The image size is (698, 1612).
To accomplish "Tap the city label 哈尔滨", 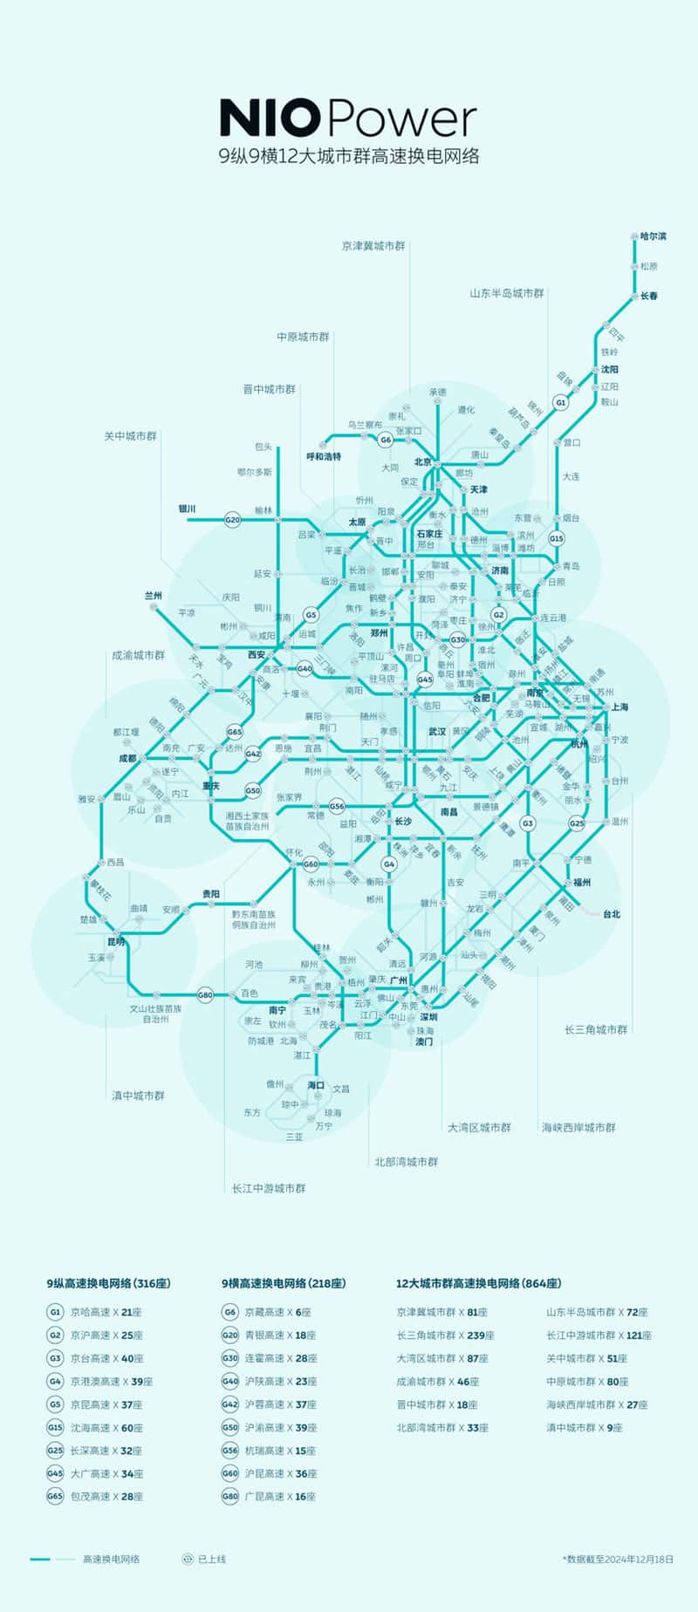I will [x=653, y=236].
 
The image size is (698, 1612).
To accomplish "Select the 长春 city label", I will [x=649, y=296].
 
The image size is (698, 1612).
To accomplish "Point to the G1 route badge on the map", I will [x=561, y=403].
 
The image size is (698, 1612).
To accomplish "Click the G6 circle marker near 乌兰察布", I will [x=386, y=441].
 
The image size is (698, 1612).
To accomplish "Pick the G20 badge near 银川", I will [x=232, y=520].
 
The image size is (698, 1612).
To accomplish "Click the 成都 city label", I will [x=128, y=758].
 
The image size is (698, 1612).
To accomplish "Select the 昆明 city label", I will [x=116, y=942].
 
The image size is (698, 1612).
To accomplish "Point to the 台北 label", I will [x=611, y=914].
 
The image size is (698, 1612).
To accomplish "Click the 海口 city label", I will [x=315, y=1085].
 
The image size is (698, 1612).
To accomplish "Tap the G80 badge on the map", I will [x=205, y=994].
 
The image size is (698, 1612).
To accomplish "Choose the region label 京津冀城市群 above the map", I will [x=373, y=246].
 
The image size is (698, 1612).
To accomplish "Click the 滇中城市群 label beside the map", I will [x=138, y=1096].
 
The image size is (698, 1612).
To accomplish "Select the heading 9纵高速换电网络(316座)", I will [x=108, y=1283].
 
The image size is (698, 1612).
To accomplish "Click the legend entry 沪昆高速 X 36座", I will [x=279, y=1473].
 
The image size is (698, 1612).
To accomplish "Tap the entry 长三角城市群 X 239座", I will [x=445, y=1335].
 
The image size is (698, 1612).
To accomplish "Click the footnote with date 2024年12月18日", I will [x=619, y=1559].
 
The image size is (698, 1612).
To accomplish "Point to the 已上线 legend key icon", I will [x=187, y=1559].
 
